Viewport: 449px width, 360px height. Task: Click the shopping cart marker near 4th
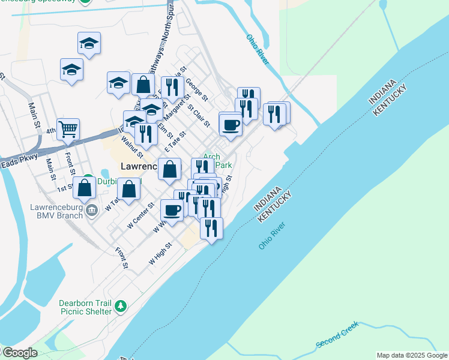(68, 128)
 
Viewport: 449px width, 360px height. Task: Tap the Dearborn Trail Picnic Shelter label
(85, 307)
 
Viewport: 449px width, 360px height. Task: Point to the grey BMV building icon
(92, 209)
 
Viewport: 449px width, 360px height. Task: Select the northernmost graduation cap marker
(89, 43)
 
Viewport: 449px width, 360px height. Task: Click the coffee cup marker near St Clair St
(231, 125)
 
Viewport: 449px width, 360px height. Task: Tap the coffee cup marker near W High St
(172, 211)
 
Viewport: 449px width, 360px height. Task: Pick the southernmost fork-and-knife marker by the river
(211, 228)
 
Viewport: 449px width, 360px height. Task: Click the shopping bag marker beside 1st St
(85, 188)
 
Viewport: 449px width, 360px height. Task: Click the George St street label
(196, 89)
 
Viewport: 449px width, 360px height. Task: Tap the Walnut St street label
(131, 148)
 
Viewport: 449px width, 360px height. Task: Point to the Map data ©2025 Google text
(412, 355)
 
